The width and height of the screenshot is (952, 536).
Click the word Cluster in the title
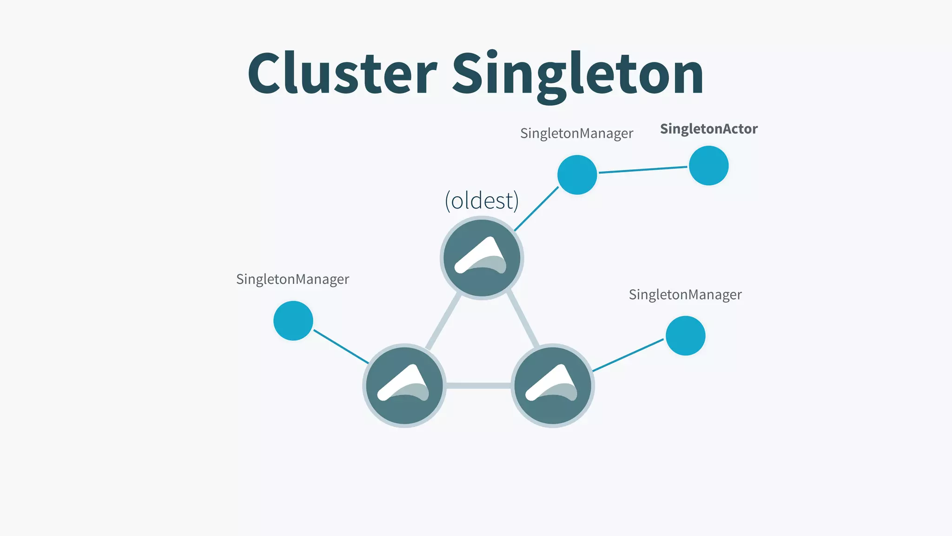[x=342, y=73]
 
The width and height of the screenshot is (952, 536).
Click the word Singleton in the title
[x=578, y=74]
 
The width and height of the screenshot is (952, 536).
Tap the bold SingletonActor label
[x=708, y=129]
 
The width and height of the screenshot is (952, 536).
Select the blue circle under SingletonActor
[x=708, y=166]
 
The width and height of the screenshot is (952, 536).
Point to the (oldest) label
[x=482, y=201]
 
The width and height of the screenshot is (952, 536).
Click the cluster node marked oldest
[x=482, y=258]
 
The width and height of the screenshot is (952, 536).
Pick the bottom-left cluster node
[x=404, y=385]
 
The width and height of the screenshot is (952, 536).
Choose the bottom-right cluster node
[x=553, y=385]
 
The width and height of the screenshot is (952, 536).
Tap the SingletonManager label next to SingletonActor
[x=576, y=134]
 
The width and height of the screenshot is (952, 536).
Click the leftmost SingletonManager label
[x=292, y=279]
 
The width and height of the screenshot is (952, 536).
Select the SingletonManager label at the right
[x=685, y=295]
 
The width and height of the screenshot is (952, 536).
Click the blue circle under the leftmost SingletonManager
[x=293, y=321]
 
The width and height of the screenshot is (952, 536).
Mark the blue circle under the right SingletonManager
[x=685, y=335]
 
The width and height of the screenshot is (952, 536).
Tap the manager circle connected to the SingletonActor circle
[x=577, y=174]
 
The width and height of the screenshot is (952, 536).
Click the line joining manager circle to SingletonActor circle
[x=642, y=170]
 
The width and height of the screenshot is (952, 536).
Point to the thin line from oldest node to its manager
[x=536, y=208]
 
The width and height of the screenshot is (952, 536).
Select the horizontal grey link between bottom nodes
[x=478, y=385]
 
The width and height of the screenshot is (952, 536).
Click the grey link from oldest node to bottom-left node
[x=443, y=321]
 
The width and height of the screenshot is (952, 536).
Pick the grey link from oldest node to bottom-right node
[x=523, y=320]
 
